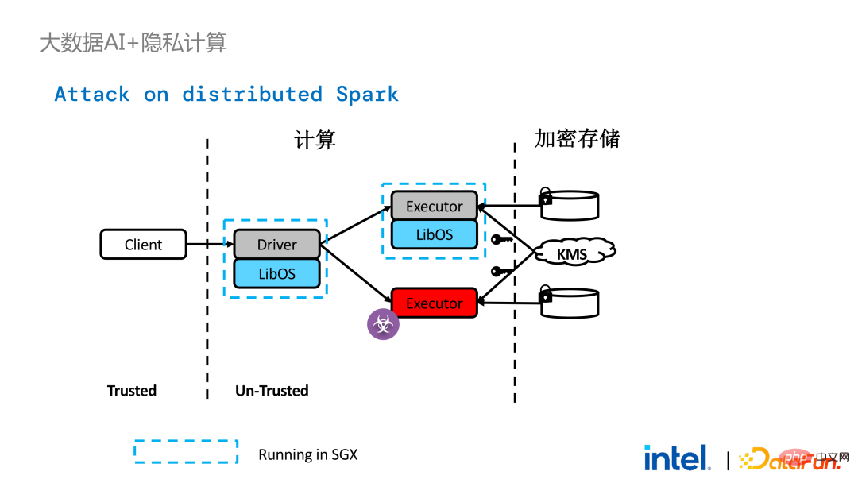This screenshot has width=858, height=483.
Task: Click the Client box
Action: [143, 244]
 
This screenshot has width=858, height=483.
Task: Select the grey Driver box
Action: [277, 244]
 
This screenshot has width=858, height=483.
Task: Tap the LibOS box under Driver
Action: [277, 273]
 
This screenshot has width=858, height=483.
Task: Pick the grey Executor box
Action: [435, 206]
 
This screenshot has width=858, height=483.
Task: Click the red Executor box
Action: [435, 303]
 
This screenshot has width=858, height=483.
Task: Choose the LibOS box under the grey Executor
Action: [435, 234]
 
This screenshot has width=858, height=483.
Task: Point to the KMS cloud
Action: [574, 252]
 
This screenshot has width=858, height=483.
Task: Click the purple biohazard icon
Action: [383, 324]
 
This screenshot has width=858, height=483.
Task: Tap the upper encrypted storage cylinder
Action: [569, 204]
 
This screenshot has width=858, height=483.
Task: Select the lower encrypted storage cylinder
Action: [569, 302]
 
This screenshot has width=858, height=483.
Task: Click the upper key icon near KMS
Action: [501, 240]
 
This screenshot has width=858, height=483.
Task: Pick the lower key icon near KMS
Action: [501, 272]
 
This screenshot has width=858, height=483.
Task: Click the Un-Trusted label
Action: [272, 391]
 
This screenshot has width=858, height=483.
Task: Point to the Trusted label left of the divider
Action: [132, 391]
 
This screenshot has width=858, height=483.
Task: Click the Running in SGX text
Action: [308, 454]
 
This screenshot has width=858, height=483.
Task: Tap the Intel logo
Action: [677, 458]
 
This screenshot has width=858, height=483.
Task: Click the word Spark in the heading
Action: [367, 94]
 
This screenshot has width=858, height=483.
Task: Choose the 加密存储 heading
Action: [578, 138]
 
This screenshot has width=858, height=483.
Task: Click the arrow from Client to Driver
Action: [210, 244]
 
